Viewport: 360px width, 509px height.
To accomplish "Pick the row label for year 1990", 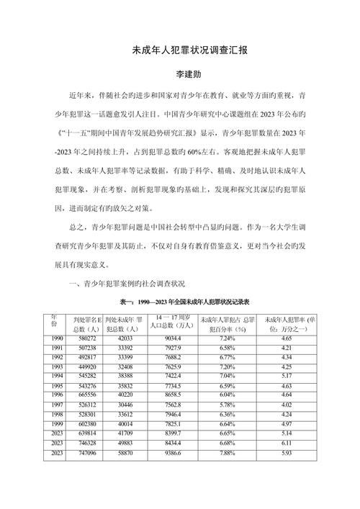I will [x=57, y=338].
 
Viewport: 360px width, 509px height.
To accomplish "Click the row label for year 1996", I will [x=57, y=395].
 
